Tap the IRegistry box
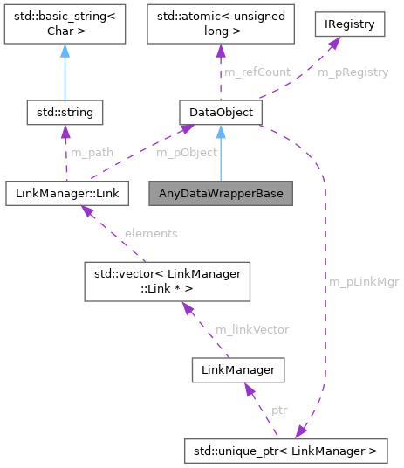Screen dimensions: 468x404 click(x=349, y=24)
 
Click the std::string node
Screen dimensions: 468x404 click(x=65, y=112)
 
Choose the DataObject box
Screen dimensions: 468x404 click(x=221, y=112)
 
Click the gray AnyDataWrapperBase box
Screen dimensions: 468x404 click(x=221, y=191)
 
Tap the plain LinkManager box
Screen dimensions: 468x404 click(x=237, y=370)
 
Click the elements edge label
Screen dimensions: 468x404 click(x=150, y=233)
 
